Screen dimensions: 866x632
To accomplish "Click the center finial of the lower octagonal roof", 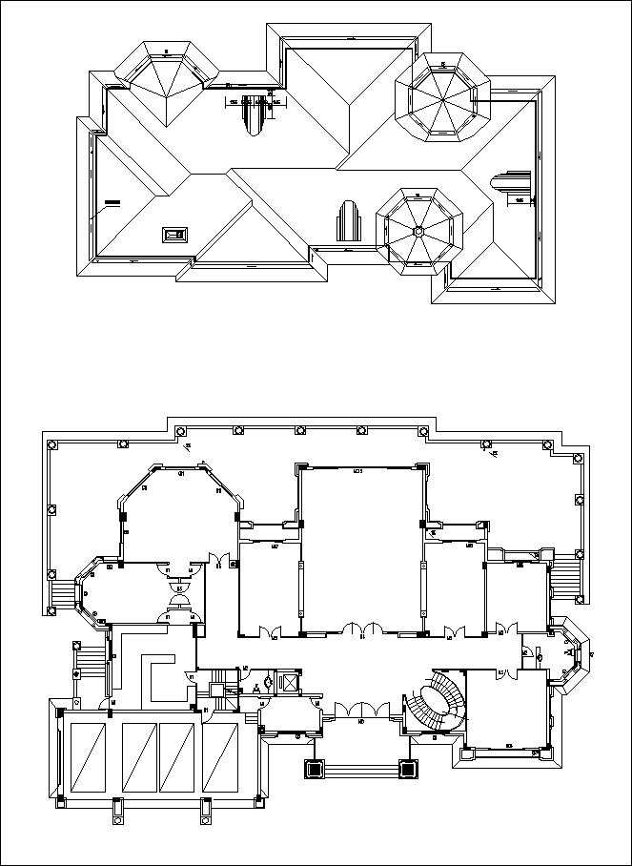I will point(418,230).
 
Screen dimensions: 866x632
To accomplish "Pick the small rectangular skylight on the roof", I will point(173,234).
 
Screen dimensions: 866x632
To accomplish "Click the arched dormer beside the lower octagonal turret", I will point(348,222).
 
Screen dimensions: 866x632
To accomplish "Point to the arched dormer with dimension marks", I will point(253,114).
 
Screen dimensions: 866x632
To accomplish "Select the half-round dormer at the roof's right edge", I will point(508,187).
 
